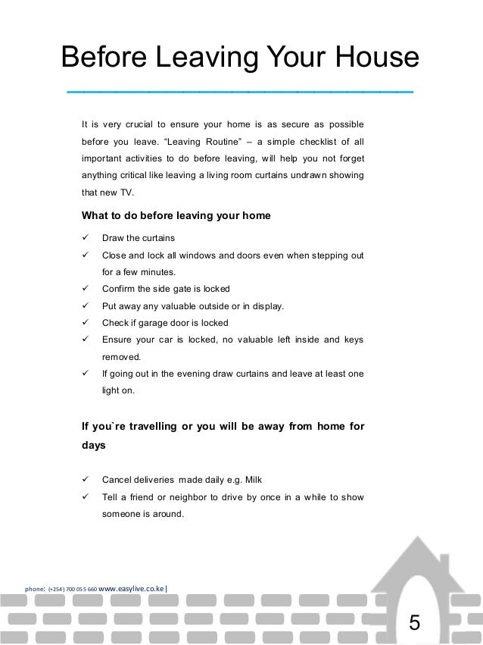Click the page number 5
click(x=413, y=623)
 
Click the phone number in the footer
click(x=72, y=587)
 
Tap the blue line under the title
click(x=240, y=92)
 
